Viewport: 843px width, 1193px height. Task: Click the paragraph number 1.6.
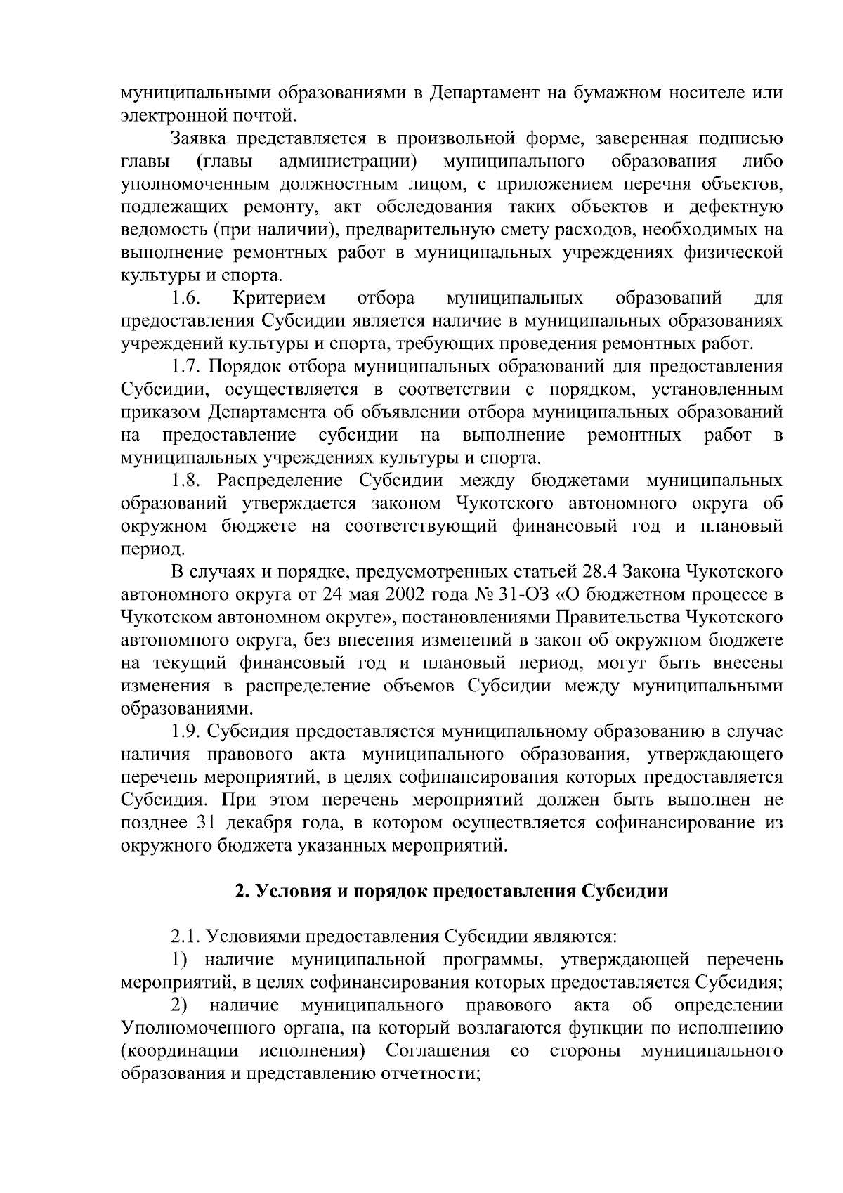pyautogui.click(x=187, y=298)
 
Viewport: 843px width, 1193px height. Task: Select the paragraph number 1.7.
pyautogui.click(x=187, y=366)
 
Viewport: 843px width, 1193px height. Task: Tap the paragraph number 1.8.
pyautogui.click(x=187, y=481)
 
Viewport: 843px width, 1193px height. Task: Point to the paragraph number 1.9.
pyautogui.click(x=187, y=731)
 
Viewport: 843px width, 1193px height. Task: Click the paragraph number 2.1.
pyautogui.click(x=187, y=937)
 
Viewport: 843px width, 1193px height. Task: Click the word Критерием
pyautogui.click(x=279, y=298)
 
